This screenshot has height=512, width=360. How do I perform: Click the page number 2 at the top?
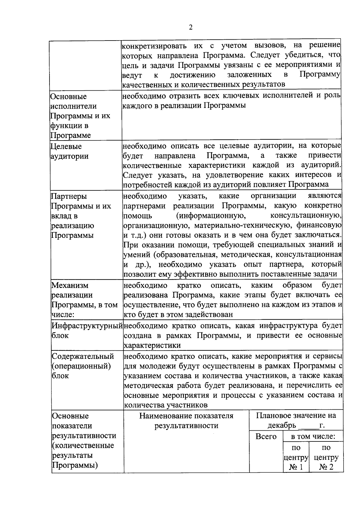tap(191, 27)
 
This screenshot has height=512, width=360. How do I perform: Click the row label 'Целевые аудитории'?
tap(70, 151)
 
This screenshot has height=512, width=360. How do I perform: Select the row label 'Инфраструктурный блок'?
tap(87, 330)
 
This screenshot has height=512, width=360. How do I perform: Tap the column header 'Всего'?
tap(266, 436)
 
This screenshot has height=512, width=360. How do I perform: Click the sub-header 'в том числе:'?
tap(313, 436)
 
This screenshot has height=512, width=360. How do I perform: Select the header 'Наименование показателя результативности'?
tap(186, 420)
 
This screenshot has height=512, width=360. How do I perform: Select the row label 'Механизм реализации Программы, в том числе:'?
tap(85, 300)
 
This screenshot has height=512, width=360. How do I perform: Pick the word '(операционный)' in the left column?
tap(81, 366)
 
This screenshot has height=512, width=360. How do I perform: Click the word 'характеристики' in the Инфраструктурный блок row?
tap(152, 345)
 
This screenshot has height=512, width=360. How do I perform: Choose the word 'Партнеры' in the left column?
tap(69, 196)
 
